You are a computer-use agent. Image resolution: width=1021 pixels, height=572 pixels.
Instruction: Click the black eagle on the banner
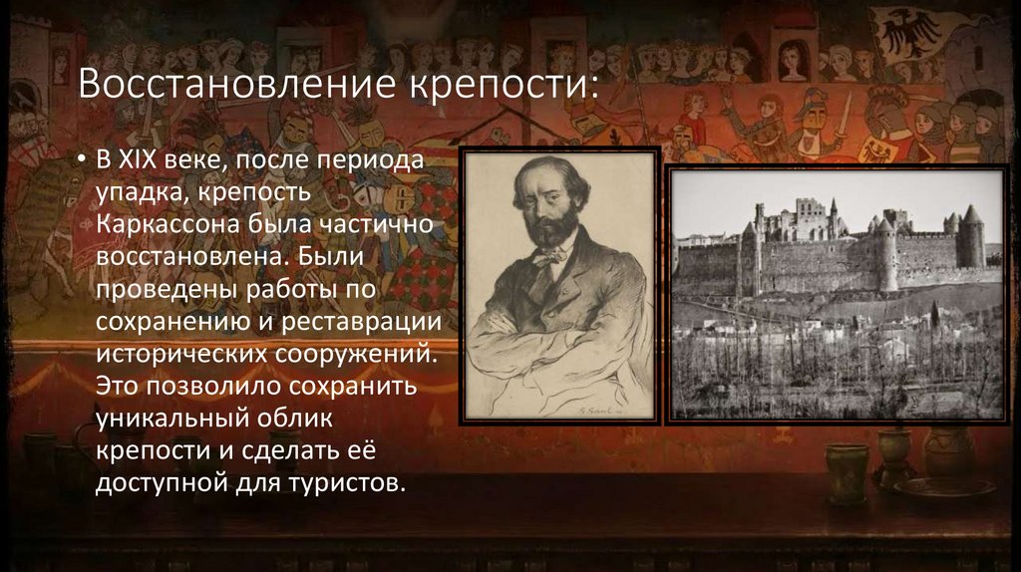(x=906, y=31)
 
